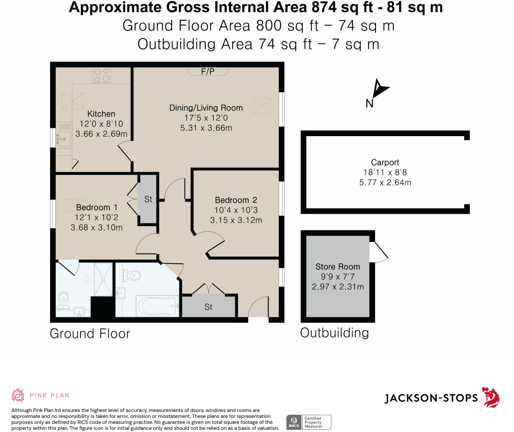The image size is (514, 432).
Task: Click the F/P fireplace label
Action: [208, 72]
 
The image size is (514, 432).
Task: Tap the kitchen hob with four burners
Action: [102, 75]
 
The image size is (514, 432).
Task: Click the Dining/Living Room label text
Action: [206, 108]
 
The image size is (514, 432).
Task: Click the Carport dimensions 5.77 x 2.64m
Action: [385, 182]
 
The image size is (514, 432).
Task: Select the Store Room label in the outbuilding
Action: [338, 266]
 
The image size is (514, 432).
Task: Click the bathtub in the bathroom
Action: [157, 306]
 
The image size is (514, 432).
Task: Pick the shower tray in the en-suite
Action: [103, 279]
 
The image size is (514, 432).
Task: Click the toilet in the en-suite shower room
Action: [63, 301]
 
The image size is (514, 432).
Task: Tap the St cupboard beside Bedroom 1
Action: [148, 199]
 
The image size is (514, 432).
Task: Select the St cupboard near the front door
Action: [209, 307]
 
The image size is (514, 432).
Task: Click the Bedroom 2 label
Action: [236, 200]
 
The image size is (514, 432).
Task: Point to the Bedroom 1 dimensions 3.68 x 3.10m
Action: [97, 227]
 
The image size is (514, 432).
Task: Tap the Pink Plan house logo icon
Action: [18, 395]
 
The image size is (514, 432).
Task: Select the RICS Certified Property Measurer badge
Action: [309, 422]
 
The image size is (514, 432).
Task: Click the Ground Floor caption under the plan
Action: [90, 334]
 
